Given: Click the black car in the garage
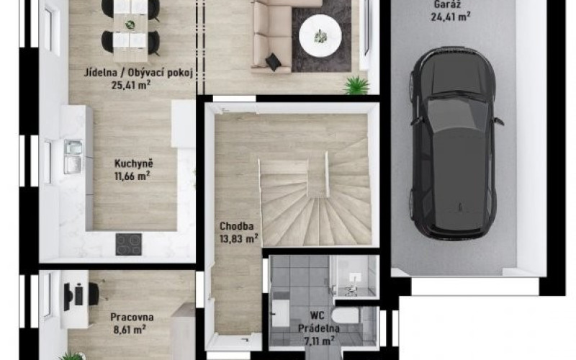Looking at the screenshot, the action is pyautogui.click(x=455, y=143).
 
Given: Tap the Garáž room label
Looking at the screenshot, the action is pyautogui.click(x=447, y=4).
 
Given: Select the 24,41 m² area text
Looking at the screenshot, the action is pyautogui.click(x=451, y=17).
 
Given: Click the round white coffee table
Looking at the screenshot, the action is pyautogui.click(x=320, y=35).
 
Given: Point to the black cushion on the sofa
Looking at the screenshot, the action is pyautogui.click(x=274, y=62).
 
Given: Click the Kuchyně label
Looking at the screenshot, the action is pyautogui.click(x=134, y=164).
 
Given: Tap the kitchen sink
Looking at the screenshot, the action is pyautogui.click(x=73, y=156).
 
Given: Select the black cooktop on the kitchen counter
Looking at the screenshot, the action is pyautogui.click(x=129, y=244).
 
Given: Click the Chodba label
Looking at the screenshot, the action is pyautogui.click(x=237, y=226).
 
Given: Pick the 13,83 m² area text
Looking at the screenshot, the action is pyautogui.click(x=239, y=239).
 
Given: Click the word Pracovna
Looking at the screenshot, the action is pyautogui.click(x=132, y=317).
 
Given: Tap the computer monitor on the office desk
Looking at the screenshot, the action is pyautogui.click(x=68, y=297).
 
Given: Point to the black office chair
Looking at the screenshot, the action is pyautogui.click(x=94, y=294).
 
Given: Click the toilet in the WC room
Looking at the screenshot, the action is pyautogui.click(x=345, y=315).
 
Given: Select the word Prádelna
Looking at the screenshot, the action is pyautogui.click(x=318, y=328).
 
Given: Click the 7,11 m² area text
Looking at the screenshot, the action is pyautogui.click(x=319, y=341).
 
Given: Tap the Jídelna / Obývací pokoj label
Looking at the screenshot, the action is pyautogui.click(x=138, y=73).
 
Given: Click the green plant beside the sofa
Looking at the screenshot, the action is pyautogui.click(x=356, y=86).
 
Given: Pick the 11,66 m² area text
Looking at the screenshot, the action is pyautogui.click(x=132, y=176).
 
